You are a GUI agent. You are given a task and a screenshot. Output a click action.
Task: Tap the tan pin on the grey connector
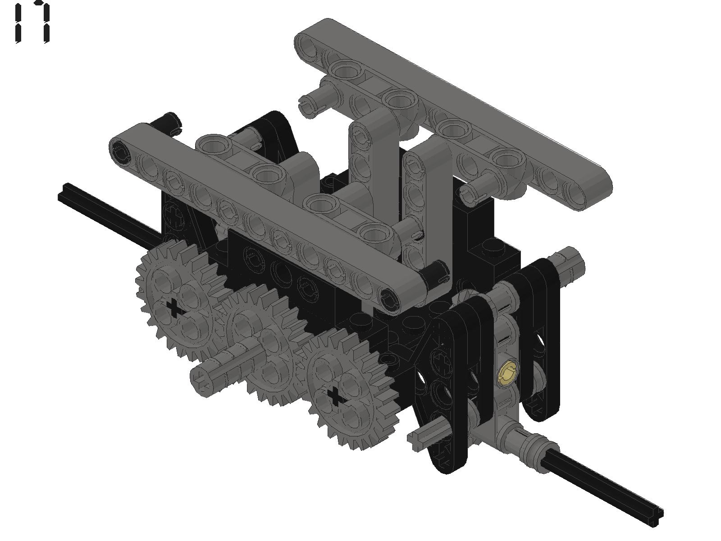click(508, 374)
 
